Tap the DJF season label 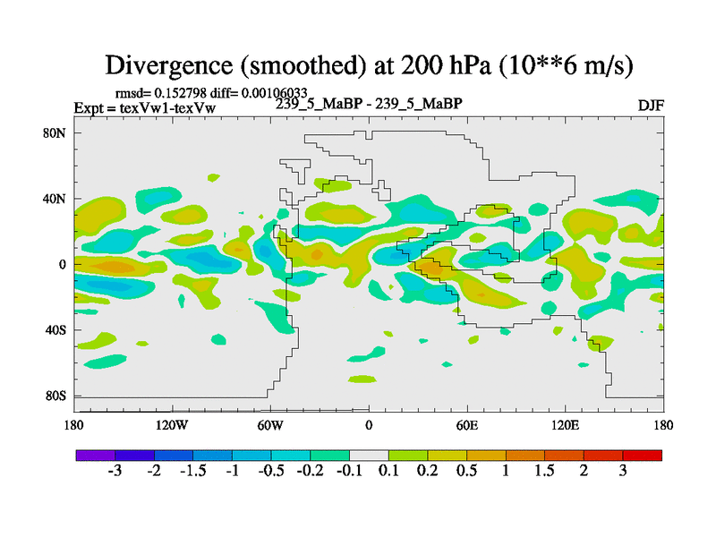[x=651, y=106]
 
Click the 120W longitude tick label [x=172, y=425]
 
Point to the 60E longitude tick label [x=467, y=425]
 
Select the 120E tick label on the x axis [x=566, y=425]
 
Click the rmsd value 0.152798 [x=184, y=93]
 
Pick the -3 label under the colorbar [x=115, y=472]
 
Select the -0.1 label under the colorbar [x=349, y=472]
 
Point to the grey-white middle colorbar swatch [x=369, y=456]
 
